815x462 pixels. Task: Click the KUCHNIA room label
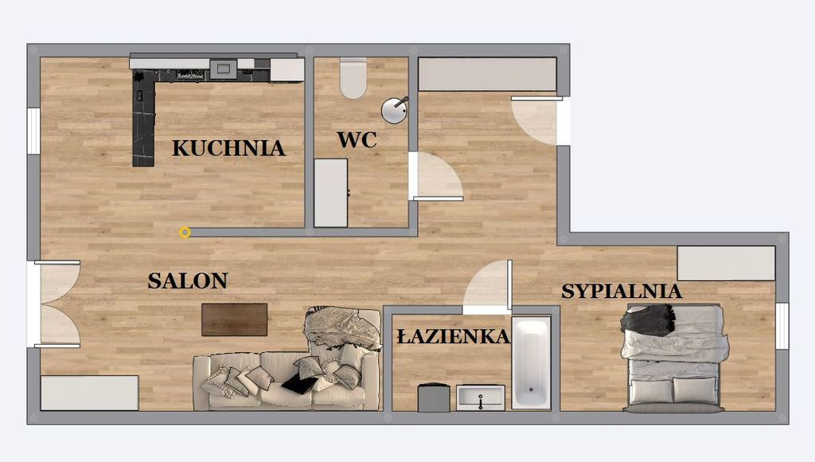228,148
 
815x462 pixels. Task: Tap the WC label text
357,140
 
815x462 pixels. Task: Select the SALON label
188,281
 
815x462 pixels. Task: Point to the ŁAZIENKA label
453,336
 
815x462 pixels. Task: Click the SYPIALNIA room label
622,292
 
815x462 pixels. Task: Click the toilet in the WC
353,78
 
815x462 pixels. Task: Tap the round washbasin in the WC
395,110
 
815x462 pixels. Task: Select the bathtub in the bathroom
531,362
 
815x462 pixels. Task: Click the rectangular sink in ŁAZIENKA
480,397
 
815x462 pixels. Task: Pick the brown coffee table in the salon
235,319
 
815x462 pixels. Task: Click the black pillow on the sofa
299,383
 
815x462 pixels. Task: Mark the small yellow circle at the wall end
185,233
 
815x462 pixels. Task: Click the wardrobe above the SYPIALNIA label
726,263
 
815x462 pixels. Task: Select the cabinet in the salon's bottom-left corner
89,393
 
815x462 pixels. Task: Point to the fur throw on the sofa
342,327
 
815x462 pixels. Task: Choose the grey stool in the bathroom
434,397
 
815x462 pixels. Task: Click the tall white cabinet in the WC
330,193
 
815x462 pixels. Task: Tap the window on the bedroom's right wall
782,326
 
